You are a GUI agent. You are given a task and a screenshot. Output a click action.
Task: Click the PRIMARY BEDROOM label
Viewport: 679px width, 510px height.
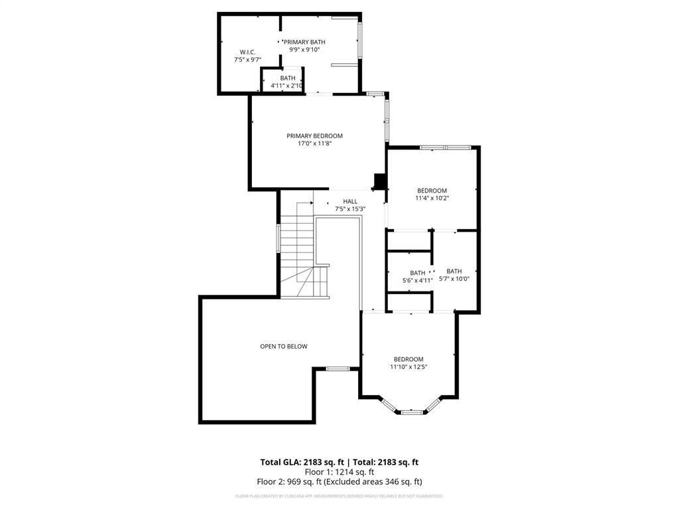point(314,135)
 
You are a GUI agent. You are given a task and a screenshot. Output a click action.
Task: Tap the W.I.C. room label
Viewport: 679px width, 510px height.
point(247,52)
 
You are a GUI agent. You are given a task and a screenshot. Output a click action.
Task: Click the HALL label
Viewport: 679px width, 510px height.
point(350,201)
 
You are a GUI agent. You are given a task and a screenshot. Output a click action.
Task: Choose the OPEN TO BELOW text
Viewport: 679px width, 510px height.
point(283,346)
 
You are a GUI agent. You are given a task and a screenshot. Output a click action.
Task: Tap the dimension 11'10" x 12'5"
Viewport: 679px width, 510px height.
point(408,367)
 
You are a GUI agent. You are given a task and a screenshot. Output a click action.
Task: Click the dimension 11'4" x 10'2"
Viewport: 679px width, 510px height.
point(432,198)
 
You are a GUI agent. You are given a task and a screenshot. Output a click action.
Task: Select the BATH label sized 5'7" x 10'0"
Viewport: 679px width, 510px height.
point(454,271)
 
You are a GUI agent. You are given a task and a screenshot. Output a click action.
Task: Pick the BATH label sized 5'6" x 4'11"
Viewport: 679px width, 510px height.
point(418,273)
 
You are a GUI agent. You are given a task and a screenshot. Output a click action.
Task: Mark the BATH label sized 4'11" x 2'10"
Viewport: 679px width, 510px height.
point(287,78)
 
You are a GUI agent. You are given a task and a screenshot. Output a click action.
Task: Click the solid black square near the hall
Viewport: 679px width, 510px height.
point(380,181)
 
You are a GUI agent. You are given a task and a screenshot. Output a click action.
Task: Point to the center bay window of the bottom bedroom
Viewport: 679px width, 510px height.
point(412,412)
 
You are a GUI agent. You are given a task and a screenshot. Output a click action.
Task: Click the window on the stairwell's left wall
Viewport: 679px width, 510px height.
point(278,238)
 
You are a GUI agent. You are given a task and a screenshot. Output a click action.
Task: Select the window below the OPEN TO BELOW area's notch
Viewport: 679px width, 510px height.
point(338,368)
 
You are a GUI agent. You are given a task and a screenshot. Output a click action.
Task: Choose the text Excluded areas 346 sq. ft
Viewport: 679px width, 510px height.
point(381,481)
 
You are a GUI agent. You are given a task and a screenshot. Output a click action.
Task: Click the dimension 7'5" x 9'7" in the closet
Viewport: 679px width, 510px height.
point(247,60)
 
